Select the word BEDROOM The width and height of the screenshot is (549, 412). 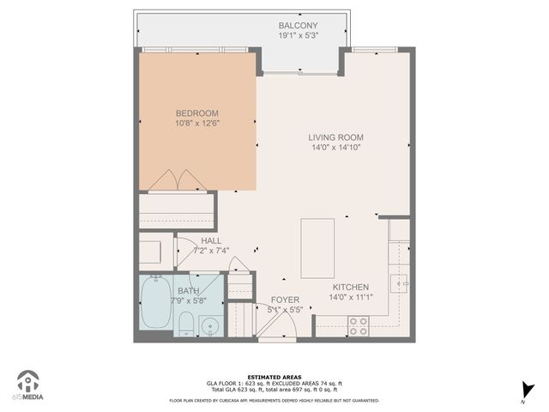tap(196, 113)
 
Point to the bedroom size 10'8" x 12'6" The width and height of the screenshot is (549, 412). tap(196, 124)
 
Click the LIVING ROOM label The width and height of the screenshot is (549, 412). tap(336, 137)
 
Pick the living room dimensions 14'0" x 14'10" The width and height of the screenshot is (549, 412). tap(336, 148)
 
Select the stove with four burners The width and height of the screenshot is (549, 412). tap(358, 326)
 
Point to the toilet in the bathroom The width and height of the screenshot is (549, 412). tap(186, 323)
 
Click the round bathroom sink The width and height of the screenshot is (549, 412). tap(210, 325)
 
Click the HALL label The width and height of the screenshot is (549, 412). tap(210, 241)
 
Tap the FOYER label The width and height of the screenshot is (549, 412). tap(285, 300)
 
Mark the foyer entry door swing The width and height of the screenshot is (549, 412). tap(273, 324)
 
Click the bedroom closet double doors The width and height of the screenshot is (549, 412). tap(177, 180)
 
